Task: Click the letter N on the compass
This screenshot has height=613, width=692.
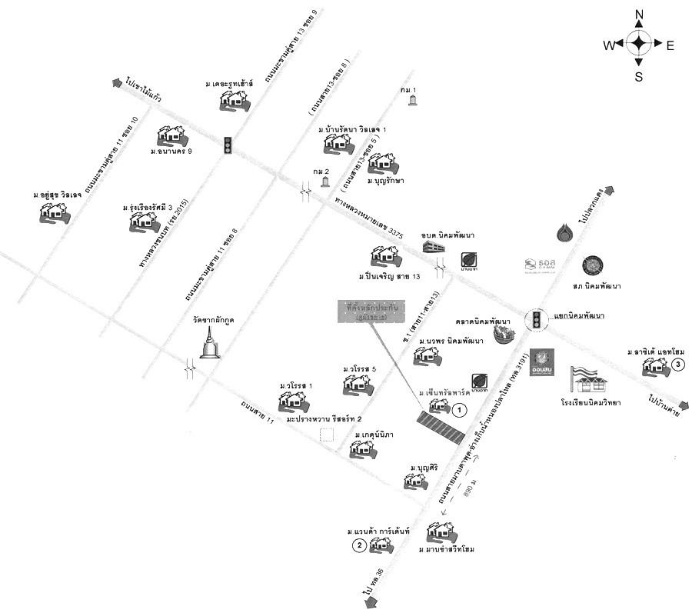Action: (x=639, y=15)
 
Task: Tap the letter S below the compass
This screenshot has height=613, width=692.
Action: (x=639, y=76)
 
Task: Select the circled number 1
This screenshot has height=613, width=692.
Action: (x=459, y=410)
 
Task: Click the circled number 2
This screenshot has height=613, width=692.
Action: (x=359, y=545)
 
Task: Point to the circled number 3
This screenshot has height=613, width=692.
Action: (x=677, y=364)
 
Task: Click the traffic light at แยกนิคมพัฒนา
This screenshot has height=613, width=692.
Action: (x=536, y=320)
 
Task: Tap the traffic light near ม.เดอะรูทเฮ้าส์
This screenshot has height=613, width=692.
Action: (x=228, y=145)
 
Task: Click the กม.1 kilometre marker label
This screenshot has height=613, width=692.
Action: (x=408, y=90)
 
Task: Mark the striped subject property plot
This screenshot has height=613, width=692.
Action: (x=441, y=428)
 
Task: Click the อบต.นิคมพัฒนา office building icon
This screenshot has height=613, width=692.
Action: (x=434, y=248)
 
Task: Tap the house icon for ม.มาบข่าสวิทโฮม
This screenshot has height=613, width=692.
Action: (x=441, y=532)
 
